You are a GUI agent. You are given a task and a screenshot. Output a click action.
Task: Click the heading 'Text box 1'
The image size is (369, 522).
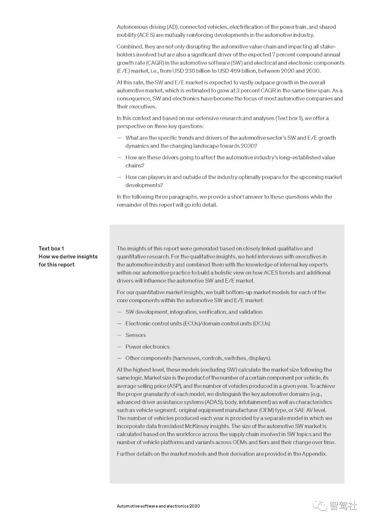[51, 249]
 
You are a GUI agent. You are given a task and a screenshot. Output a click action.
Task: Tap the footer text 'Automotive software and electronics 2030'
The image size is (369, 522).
[158, 506]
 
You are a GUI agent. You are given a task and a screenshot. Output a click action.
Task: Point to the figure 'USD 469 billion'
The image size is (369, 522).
[237, 71]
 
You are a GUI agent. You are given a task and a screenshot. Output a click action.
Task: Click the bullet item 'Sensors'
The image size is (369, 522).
[136, 335]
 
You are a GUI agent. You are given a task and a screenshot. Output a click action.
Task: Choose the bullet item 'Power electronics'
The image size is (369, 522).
[147, 347]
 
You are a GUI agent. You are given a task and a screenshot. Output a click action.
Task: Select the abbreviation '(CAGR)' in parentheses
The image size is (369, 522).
[155, 63]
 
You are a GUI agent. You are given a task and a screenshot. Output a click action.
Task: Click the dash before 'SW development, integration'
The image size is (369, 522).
[119, 312]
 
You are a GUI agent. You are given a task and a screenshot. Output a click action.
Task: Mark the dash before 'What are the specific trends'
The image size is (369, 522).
[119, 138]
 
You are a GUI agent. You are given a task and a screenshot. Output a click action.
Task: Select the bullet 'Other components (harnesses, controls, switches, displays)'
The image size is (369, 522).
[198, 358]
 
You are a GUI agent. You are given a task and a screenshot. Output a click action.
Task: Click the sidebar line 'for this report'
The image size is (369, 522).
[56, 265]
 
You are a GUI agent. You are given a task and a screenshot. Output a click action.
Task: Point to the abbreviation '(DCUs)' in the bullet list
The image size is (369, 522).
[261, 323]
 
